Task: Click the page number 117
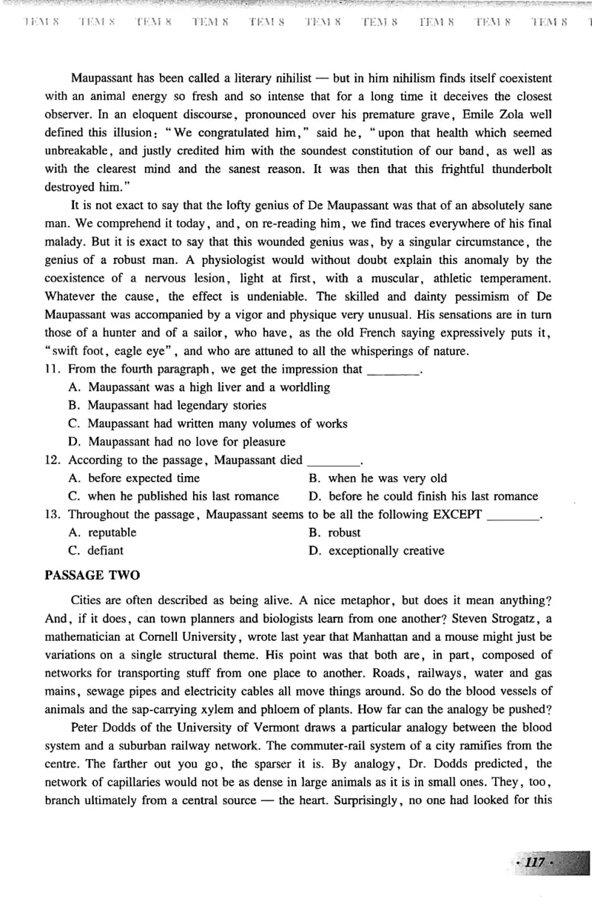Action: [534, 863]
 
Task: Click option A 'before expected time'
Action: [134, 478]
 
